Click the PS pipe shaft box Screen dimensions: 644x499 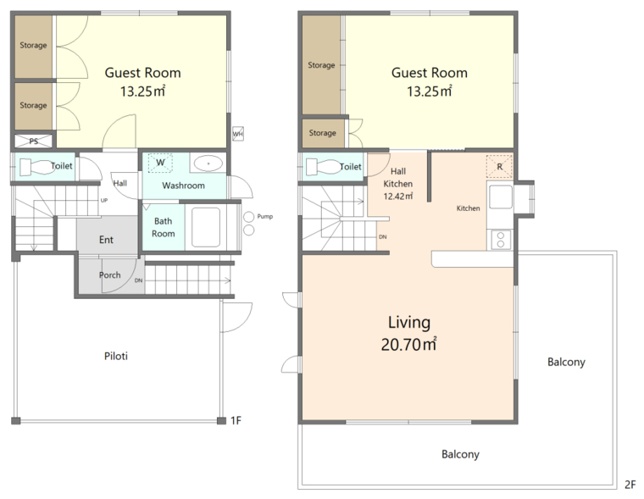pos(34,141)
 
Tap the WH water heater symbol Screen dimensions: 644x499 pos(238,134)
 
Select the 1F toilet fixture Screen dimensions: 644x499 pos(37,167)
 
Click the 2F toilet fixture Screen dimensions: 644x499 pos(324,167)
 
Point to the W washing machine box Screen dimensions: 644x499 pos(160,163)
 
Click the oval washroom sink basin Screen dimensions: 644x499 pos(208,164)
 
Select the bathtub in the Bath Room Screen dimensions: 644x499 pos(206,227)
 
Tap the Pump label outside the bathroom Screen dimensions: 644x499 pos(265,216)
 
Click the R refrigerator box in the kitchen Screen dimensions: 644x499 pos(499,167)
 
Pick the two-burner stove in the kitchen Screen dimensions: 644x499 pos(500,240)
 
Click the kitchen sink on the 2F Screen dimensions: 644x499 pos(501,197)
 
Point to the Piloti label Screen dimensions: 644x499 pos(116,356)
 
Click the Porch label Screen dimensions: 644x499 pos(109,274)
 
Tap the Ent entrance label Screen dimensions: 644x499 pos(106,240)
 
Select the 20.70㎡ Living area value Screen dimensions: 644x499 pos(408,344)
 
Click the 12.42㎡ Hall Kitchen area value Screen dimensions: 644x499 pos(398,197)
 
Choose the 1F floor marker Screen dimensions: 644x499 pos(236,420)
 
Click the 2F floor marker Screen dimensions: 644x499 pos(630,485)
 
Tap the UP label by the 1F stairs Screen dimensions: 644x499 pos(104,201)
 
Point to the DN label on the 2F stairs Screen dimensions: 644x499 pos(382,237)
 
